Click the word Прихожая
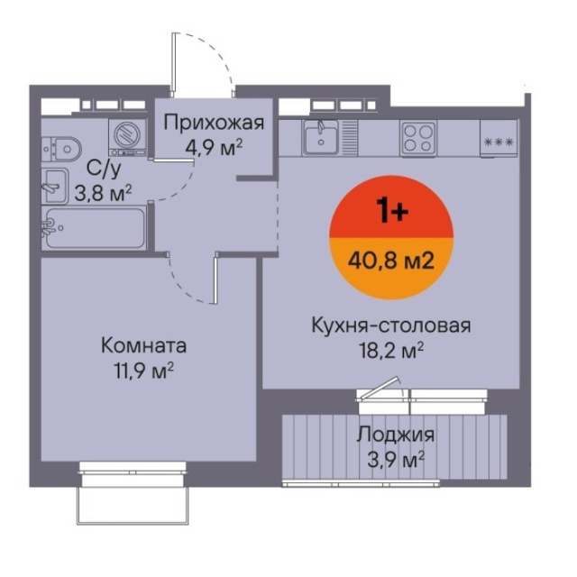(214, 123)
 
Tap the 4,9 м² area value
(214, 148)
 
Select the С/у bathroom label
(104, 169)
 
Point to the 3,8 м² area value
(103, 193)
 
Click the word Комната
(144, 346)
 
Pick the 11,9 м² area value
(144, 371)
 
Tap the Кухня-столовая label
(391, 325)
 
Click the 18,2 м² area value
(391, 351)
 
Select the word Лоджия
(396, 435)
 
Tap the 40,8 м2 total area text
(391, 261)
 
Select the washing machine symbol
(127, 138)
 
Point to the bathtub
(94, 228)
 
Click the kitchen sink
(321, 137)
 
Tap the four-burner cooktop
(418, 138)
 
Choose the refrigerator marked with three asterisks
(499, 139)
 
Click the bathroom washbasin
(55, 186)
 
